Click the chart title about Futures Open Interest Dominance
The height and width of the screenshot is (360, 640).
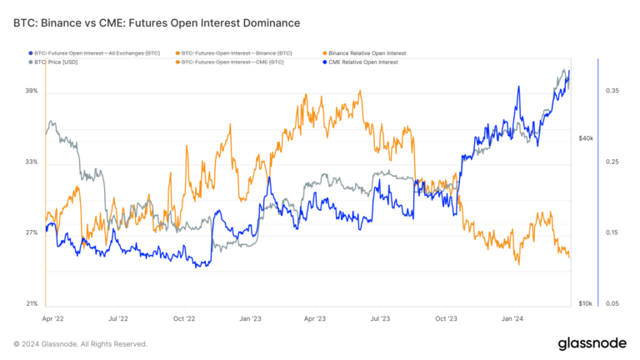click(x=157, y=22)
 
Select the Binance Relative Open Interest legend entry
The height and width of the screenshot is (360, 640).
click(x=363, y=52)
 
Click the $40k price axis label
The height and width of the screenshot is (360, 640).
click(x=585, y=137)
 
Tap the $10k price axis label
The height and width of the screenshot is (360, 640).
click(x=585, y=303)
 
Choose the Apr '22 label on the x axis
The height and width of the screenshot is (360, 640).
click(x=52, y=318)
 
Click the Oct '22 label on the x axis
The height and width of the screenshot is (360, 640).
click(x=183, y=318)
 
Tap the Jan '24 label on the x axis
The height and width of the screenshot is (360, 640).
click(x=512, y=318)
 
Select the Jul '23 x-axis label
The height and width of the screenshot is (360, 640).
click(x=380, y=318)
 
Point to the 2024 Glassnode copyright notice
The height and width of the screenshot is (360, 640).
click(x=81, y=343)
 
